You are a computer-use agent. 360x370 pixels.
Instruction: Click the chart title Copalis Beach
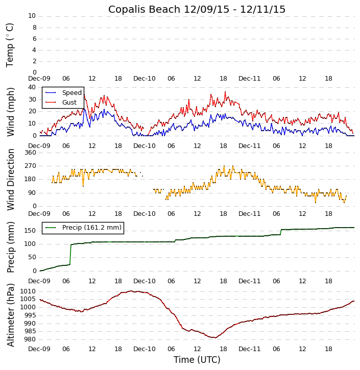click(x=197, y=9)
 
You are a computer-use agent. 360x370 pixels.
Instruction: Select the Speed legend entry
click(x=71, y=93)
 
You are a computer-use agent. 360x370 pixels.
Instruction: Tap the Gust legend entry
click(x=69, y=103)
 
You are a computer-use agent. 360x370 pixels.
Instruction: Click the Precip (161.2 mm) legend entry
click(x=91, y=228)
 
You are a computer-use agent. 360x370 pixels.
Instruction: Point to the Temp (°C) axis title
click(x=10, y=44)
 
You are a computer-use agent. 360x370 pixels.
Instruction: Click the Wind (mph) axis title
click(x=10, y=111)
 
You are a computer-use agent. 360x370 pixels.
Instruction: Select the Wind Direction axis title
click(x=10, y=179)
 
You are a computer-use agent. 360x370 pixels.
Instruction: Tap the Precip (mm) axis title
click(x=10, y=247)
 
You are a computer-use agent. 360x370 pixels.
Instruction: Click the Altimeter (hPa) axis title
click(x=10, y=315)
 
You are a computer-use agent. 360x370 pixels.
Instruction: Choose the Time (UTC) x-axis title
click(x=197, y=360)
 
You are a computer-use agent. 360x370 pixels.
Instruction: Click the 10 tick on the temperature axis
click(x=32, y=16)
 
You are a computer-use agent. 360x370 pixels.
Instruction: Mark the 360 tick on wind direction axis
click(x=30, y=153)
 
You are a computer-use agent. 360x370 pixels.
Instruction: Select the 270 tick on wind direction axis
click(x=30, y=166)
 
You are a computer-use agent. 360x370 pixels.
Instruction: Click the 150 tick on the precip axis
click(x=30, y=231)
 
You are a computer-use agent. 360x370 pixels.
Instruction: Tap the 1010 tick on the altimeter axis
click(x=28, y=291)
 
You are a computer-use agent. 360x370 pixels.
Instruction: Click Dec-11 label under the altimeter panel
click(x=249, y=349)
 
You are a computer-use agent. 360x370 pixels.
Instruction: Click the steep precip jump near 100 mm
click(x=70, y=254)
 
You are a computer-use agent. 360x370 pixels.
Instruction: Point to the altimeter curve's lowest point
click(x=214, y=337)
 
